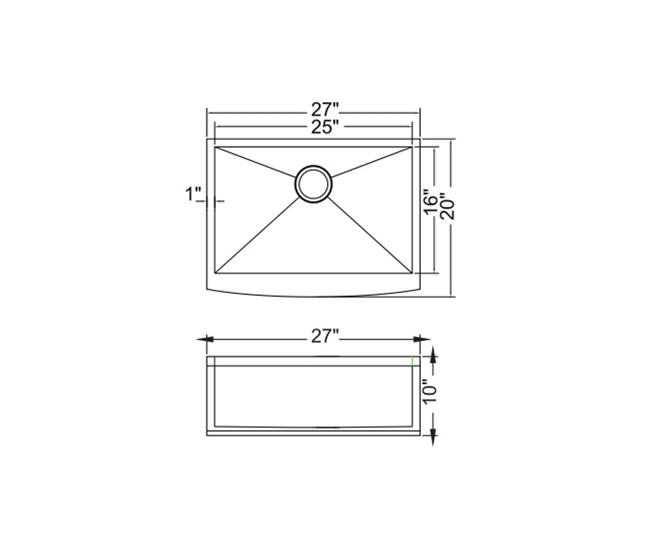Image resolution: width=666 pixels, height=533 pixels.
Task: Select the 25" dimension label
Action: click(324, 127)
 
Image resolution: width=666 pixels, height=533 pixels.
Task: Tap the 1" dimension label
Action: click(193, 195)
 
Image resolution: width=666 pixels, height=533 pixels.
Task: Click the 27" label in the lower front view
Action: click(324, 337)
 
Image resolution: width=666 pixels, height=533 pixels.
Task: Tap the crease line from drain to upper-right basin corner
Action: click(370, 163)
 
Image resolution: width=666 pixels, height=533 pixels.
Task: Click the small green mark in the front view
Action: click(413, 362)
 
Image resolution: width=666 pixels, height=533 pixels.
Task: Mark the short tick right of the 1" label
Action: click(220, 200)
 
